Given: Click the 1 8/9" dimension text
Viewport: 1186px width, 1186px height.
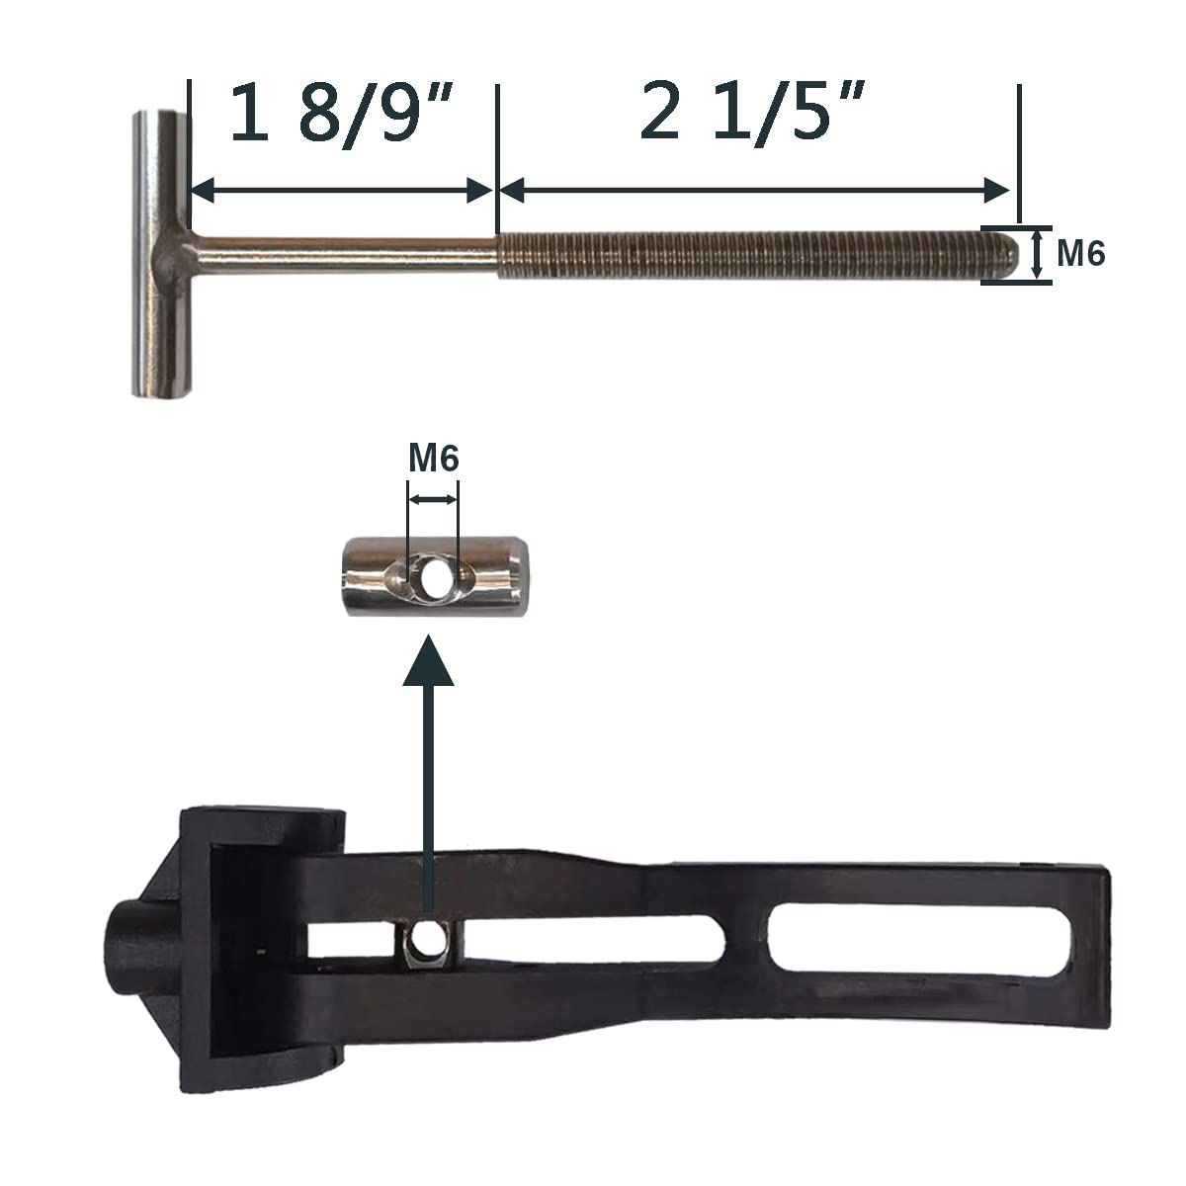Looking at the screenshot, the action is point(342,114).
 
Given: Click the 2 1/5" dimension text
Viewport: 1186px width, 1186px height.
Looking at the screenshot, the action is point(753,112).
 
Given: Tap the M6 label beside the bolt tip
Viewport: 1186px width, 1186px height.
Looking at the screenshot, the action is point(1081,253).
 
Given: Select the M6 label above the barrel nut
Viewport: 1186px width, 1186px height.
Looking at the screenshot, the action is point(434,459).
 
